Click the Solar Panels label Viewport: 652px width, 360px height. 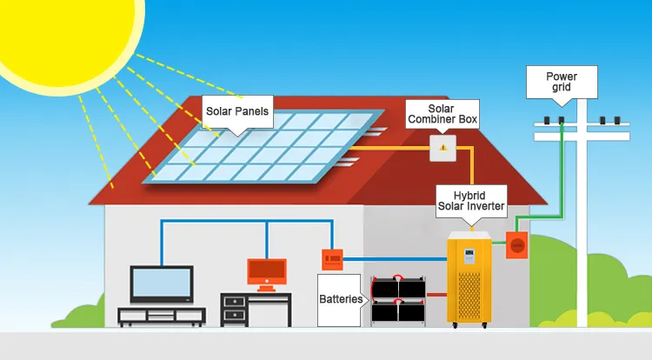point(236,111)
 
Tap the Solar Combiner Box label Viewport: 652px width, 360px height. point(442,112)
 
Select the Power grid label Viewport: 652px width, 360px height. point(561,83)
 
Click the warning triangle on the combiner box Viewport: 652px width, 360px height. point(442,147)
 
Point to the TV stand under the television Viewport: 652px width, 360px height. point(162,316)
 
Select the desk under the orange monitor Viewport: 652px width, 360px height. point(256,310)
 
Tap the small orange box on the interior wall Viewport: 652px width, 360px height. point(332,257)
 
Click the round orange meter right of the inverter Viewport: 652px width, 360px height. point(516,247)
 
